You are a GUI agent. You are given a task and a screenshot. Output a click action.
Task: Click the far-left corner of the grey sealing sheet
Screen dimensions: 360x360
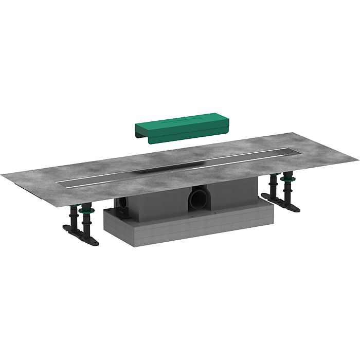(3, 176)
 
